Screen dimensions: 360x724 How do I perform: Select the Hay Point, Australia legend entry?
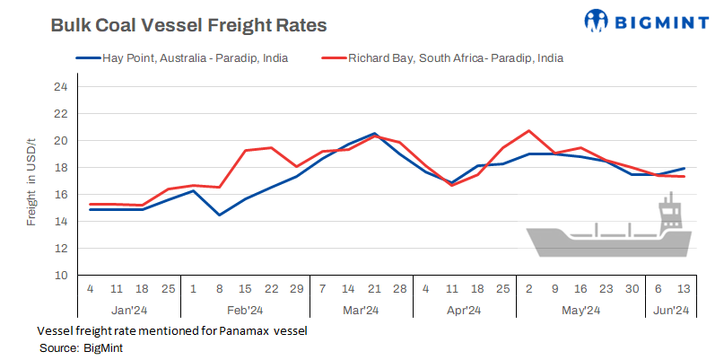click(188, 59)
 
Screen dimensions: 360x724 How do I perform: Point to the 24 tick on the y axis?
click(61, 87)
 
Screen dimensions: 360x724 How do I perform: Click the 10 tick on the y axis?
click(61, 275)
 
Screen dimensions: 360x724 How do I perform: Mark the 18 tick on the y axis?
click(61, 168)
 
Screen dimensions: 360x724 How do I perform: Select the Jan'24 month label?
click(128, 312)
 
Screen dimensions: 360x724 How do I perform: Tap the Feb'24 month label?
click(245, 312)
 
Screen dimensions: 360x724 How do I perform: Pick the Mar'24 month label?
click(361, 312)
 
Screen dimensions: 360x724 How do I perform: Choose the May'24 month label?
click(580, 312)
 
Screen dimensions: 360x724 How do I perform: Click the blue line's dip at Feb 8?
click(219, 215)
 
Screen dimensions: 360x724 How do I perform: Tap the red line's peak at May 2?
click(529, 131)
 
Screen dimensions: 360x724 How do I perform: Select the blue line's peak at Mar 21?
click(374, 134)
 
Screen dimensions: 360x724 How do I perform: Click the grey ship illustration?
click(609, 233)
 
